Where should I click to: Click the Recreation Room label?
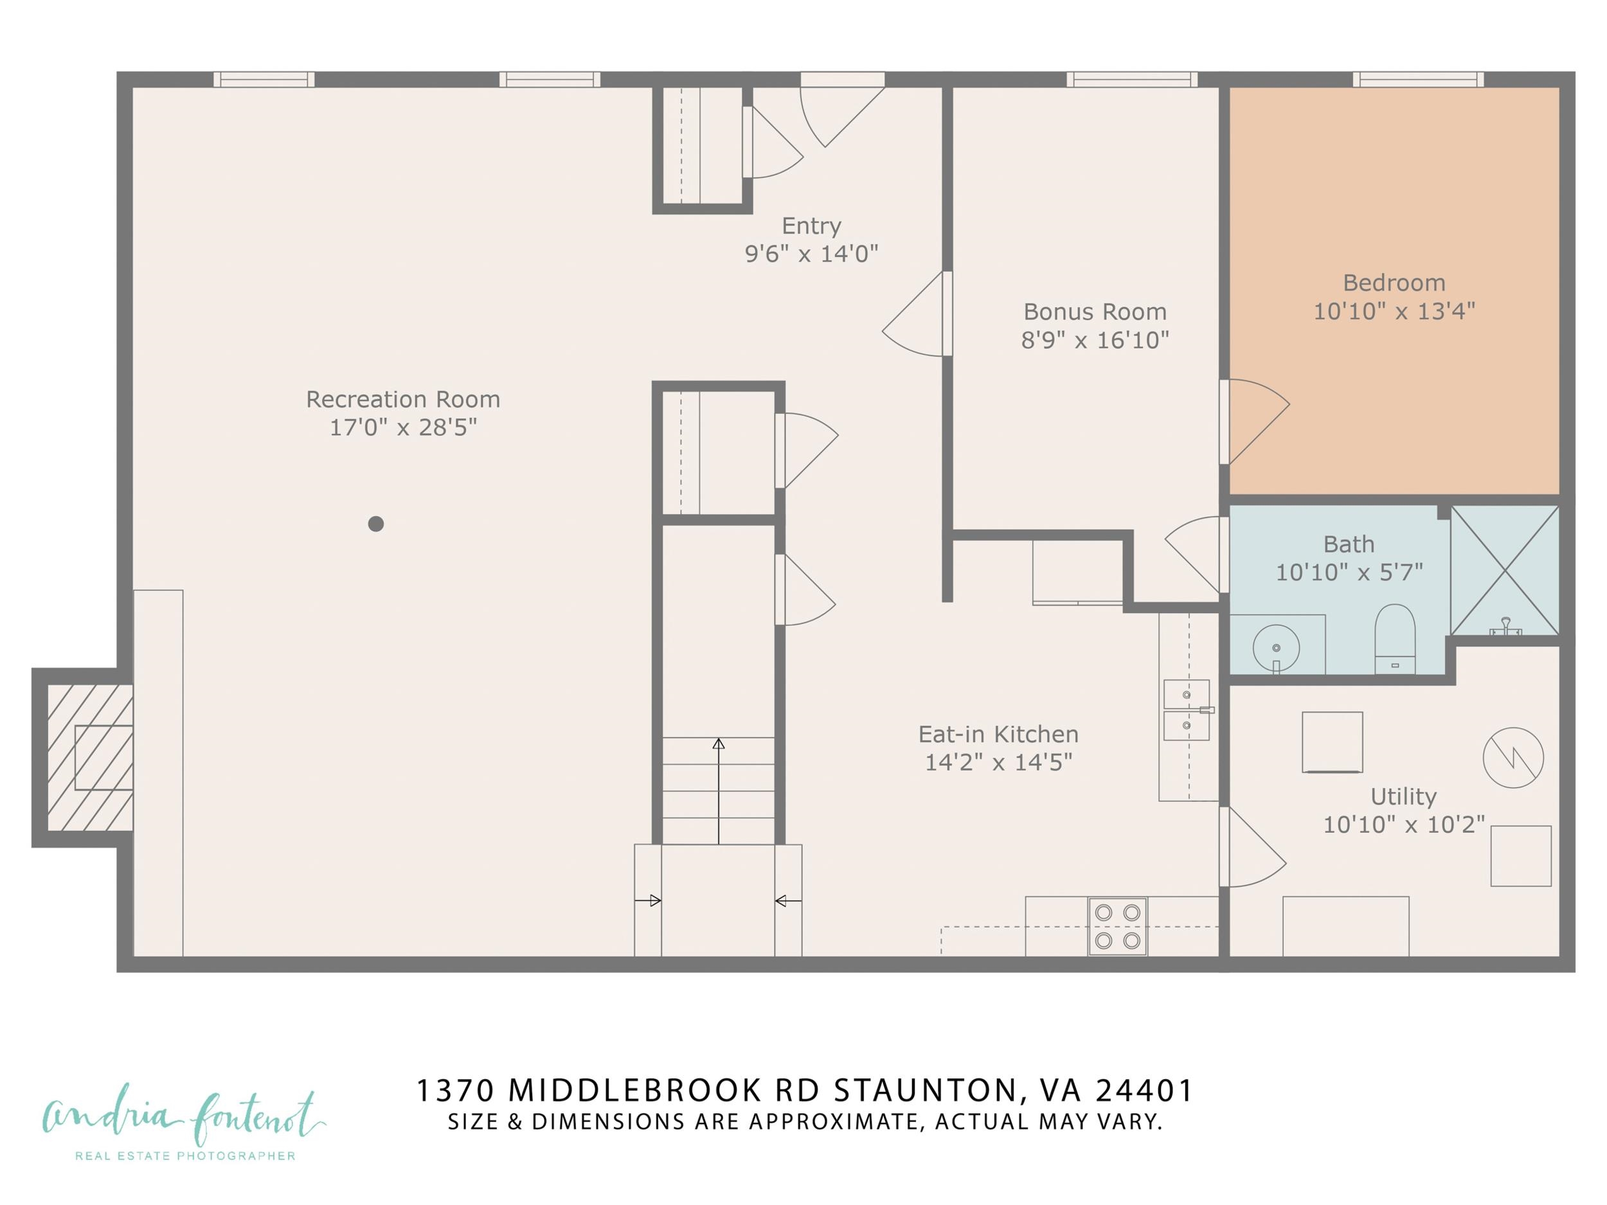point(402,400)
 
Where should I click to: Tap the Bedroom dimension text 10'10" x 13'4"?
point(1394,312)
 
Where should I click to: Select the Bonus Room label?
point(1095,312)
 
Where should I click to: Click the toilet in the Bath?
point(1395,638)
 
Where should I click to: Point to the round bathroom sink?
point(1276,647)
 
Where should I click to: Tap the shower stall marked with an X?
point(1505,570)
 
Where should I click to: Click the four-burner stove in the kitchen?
point(1117,927)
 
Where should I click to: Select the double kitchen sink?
point(1187,710)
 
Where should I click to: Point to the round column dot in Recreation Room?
point(375,524)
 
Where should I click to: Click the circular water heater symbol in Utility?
point(1513,758)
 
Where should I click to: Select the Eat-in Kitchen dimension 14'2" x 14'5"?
point(998,762)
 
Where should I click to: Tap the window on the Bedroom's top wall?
point(1417,79)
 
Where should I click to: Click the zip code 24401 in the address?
point(1144,1089)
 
